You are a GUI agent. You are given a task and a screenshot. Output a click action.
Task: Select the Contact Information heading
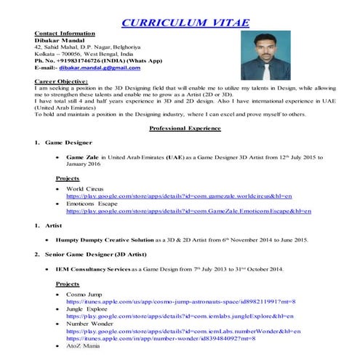63,34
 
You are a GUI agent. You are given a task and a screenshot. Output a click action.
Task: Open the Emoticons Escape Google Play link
188,211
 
